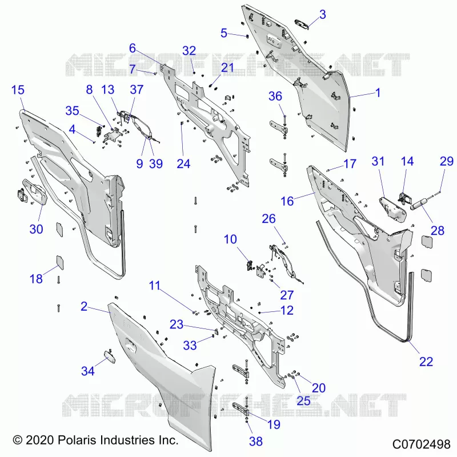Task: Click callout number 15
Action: tap(18, 90)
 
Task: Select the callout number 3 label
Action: tap(322, 15)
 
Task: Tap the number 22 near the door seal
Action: tap(426, 362)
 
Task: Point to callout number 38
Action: tap(255, 441)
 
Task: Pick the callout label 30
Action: tap(36, 229)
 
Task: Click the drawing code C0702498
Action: tap(421, 444)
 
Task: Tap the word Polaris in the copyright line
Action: tap(77, 440)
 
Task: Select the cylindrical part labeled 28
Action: tap(419, 204)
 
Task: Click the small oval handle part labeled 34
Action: tap(110, 356)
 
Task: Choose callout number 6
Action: tap(133, 48)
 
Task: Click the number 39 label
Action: tap(155, 163)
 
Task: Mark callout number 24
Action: tap(183, 164)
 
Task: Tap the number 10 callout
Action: tap(230, 239)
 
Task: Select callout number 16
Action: tap(287, 201)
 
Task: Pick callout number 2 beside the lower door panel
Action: tap(84, 306)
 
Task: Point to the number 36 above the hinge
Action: tap(275, 96)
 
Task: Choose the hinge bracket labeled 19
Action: tap(241, 410)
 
